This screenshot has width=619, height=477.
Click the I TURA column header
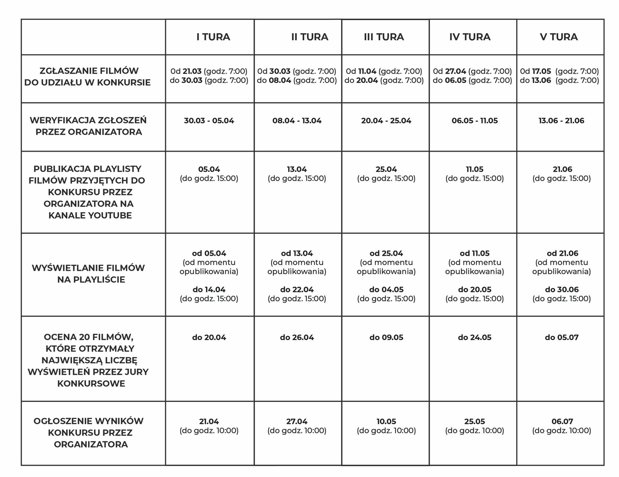click(213, 37)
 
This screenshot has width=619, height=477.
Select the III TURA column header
click(384, 37)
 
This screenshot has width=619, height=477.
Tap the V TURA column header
click(559, 37)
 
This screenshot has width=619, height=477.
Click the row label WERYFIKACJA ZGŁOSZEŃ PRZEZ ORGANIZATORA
click(88, 126)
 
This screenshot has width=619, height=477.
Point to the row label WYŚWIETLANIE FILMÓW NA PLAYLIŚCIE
click(88, 274)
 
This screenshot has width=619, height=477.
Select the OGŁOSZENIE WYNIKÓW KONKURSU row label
click(88, 433)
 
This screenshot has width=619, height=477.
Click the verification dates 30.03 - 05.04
click(209, 121)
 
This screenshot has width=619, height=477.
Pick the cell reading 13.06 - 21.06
click(561, 121)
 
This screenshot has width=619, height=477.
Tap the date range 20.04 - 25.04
click(386, 121)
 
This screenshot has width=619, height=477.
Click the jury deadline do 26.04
click(297, 337)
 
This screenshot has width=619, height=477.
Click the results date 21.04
click(209, 421)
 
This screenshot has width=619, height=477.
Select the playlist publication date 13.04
click(297, 169)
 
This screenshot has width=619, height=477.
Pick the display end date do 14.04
click(209, 289)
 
